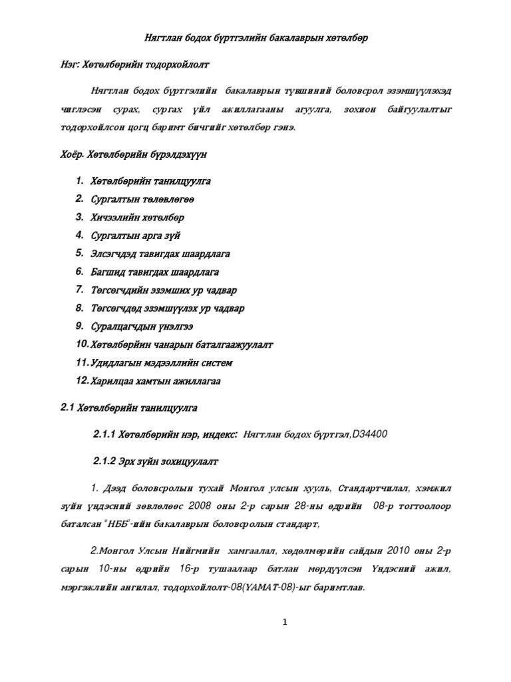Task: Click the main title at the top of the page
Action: pos(256,38)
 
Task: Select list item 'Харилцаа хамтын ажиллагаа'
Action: pos(158,381)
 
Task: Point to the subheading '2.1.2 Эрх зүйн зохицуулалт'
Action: pos(155,461)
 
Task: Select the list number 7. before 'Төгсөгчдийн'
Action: pos(79,290)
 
